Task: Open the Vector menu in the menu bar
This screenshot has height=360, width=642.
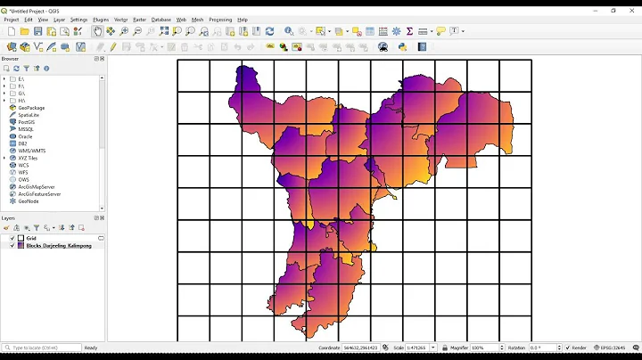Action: coord(120,19)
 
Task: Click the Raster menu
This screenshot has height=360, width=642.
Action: coord(139,19)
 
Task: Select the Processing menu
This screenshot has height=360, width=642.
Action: coord(220,19)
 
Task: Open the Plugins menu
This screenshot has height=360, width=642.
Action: coord(101,19)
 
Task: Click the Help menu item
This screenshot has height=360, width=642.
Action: coord(243,19)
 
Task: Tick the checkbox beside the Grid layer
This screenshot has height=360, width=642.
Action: coord(12,238)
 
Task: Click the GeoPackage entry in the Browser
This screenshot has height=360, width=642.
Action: coord(31,108)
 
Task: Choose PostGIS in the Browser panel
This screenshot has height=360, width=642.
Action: coord(27,122)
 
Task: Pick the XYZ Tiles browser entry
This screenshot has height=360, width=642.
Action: coord(29,158)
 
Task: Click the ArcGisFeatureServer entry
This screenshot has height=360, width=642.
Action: coord(39,193)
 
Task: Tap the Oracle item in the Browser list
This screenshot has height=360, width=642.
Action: coord(25,136)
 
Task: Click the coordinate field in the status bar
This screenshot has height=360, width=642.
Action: coord(360,348)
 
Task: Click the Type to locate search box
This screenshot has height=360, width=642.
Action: coord(41,348)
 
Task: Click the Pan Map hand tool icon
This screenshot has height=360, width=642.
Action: coord(97,31)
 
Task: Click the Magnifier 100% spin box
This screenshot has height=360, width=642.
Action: coord(486,348)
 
